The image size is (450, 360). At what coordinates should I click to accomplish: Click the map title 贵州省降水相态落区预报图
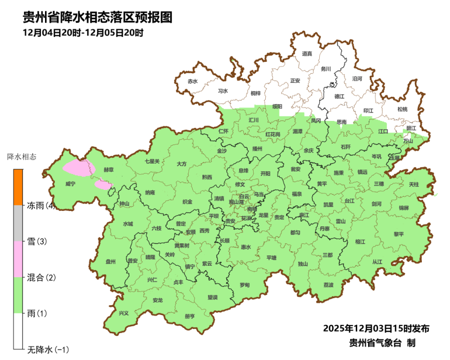97,17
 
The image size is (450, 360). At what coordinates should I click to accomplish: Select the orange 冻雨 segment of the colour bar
18,187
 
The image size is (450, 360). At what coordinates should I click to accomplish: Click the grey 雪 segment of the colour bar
18,223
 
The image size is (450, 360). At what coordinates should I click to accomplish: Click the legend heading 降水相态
22,156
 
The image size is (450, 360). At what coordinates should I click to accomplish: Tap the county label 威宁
70,184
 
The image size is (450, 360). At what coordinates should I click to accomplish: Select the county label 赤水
193,81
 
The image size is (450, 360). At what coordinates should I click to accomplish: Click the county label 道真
307,54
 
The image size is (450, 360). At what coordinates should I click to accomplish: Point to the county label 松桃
402,109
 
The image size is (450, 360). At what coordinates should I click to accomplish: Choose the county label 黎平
398,233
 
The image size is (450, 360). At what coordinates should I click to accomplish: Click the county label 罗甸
244,285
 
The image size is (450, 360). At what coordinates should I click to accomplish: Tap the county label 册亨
189,316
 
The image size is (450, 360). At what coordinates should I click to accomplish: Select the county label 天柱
414,185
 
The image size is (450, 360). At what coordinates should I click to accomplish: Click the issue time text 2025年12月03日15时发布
376,328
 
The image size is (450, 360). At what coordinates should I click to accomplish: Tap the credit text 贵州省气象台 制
382,343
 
